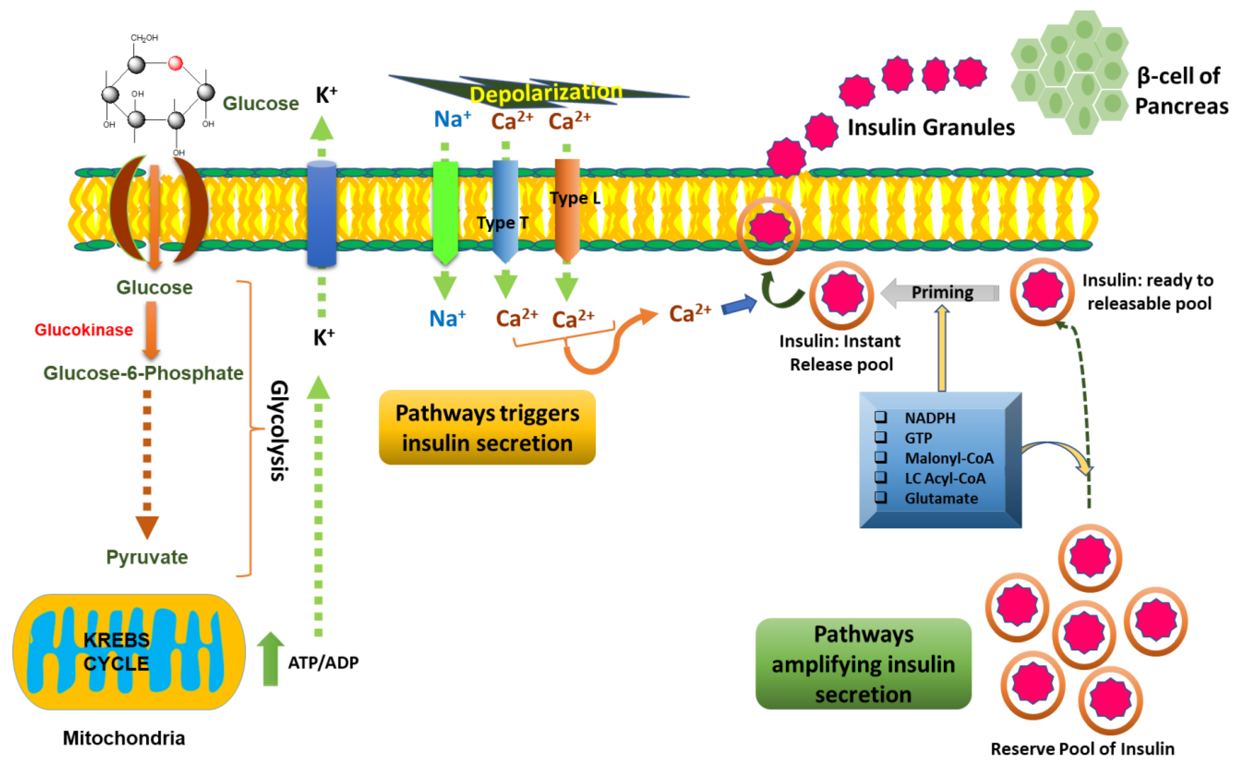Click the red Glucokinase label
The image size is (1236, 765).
click(x=83, y=330)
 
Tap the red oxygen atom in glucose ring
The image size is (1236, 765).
click(x=175, y=63)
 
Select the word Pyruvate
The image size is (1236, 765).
click(x=147, y=557)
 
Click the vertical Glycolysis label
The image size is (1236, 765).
click(x=279, y=430)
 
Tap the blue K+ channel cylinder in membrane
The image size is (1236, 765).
click(x=322, y=212)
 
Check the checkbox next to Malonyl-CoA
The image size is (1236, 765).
click(x=881, y=458)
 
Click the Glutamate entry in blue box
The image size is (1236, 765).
click(x=941, y=498)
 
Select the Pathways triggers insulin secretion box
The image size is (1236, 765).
click(x=487, y=427)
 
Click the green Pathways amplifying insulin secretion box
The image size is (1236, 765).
click(x=863, y=664)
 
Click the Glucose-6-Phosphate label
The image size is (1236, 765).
click(x=143, y=373)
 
